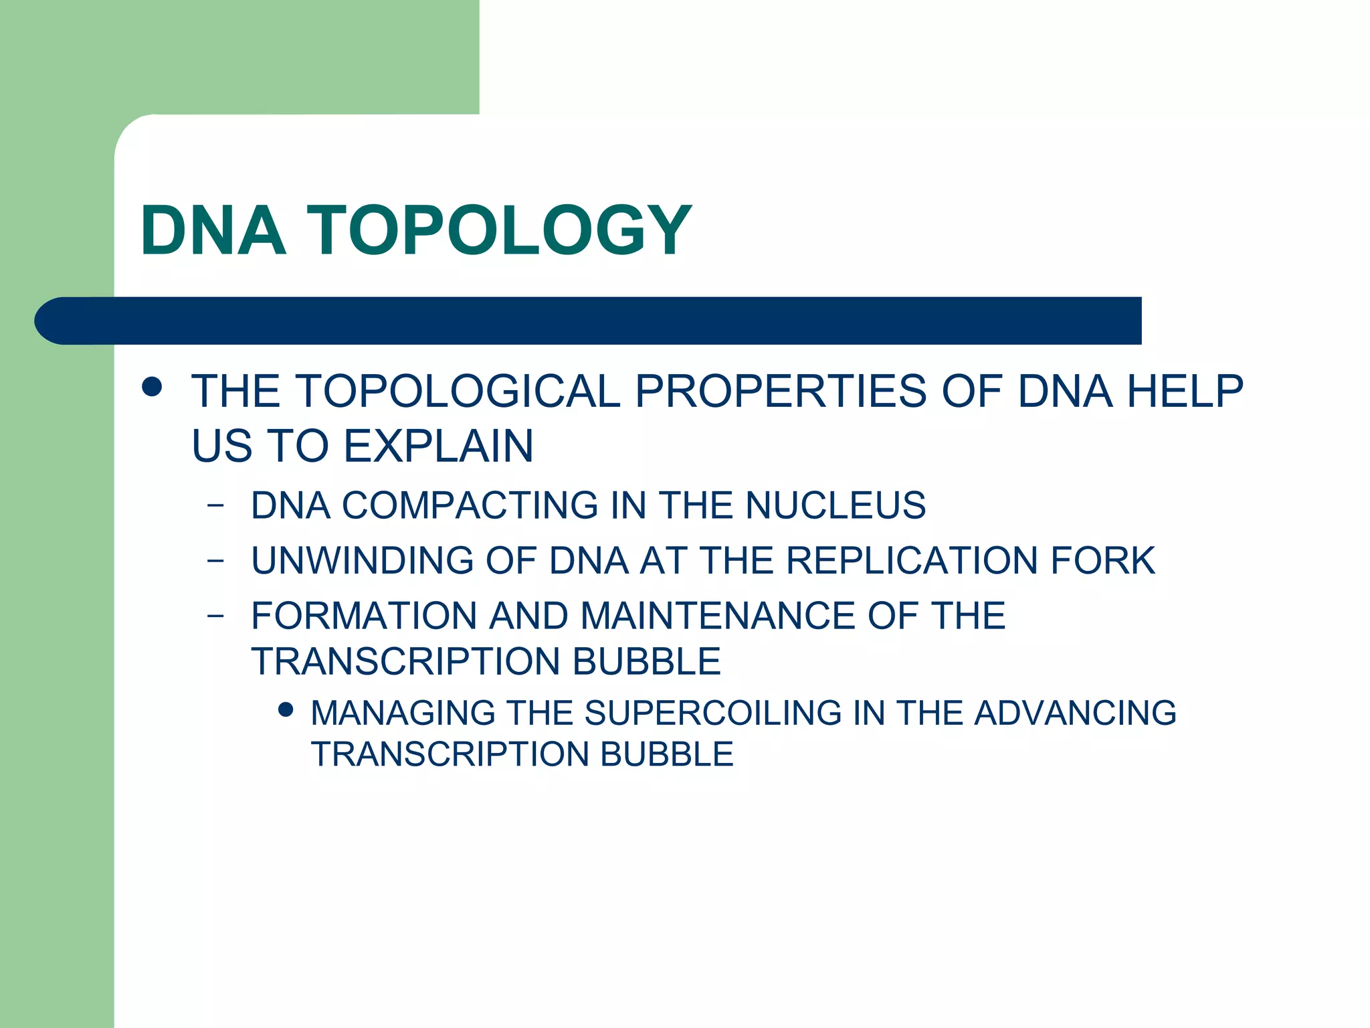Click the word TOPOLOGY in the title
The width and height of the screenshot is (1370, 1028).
pyautogui.click(x=499, y=230)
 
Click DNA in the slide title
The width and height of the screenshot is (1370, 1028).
pyautogui.click(x=213, y=230)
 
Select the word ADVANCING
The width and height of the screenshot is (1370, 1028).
pyautogui.click(x=1075, y=713)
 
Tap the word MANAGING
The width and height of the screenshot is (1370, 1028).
pyautogui.click(x=403, y=713)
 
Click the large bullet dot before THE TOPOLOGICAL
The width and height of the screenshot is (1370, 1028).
pyautogui.click(x=153, y=387)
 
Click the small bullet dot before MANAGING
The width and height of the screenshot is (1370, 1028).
pyautogui.click(x=286, y=709)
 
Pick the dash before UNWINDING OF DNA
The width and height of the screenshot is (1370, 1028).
pyautogui.click(x=215, y=561)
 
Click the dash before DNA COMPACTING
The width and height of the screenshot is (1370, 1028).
pyautogui.click(x=215, y=506)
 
